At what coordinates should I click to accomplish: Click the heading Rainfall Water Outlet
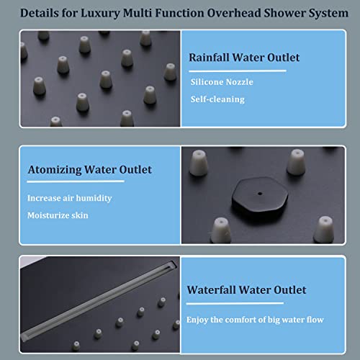(244, 58)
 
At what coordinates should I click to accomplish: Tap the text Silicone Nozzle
(222, 82)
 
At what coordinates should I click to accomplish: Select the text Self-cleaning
(217, 99)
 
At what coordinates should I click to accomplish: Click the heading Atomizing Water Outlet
(90, 170)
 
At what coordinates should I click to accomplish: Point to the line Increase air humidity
(69, 198)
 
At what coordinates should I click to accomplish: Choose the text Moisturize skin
(58, 215)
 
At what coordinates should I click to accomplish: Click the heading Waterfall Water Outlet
(246, 290)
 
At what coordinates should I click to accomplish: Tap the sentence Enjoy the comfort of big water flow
(255, 320)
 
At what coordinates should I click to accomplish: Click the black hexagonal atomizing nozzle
(260, 194)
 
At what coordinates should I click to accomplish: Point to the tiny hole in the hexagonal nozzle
(260, 194)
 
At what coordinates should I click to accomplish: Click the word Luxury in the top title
(100, 14)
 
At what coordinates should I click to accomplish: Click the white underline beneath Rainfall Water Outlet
(238, 71)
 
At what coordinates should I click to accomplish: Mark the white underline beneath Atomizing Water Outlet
(76, 181)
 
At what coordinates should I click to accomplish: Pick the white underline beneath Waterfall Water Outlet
(235, 303)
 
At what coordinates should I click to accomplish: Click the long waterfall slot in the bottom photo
(99, 300)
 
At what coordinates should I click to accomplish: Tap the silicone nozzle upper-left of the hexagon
(199, 163)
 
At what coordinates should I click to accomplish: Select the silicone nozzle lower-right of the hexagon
(324, 230)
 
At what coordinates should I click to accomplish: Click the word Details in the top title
(40, 13)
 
